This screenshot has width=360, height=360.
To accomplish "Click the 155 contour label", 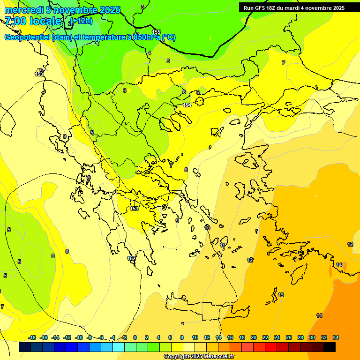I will pos(156,32).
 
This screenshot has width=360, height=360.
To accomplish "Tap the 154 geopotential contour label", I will pos(187,105).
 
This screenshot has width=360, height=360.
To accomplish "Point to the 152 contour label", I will pos(131,258).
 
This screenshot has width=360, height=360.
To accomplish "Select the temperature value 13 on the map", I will pos(281,295).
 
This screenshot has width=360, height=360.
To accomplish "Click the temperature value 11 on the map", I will pos(222,245).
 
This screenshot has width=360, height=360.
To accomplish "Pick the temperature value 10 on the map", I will pos(207,228).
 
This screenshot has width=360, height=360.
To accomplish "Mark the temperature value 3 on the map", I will pos(143,7).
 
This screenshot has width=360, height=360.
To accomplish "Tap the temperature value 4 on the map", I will pos(150,53).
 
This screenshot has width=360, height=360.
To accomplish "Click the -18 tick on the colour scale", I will pos(32,337).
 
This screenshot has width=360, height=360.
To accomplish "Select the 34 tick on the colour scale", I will pos(336,337).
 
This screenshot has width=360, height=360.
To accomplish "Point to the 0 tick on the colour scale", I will pos(135,337).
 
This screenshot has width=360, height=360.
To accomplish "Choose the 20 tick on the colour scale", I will pos(254,337).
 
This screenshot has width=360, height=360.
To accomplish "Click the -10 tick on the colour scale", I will pos(79,337).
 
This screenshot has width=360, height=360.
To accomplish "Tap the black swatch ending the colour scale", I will pos(330,347).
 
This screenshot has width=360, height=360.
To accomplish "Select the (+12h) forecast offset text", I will pos(81,21).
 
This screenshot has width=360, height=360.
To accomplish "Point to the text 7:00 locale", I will pos(33,21).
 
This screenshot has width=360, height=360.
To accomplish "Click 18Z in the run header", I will pos(270,7).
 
